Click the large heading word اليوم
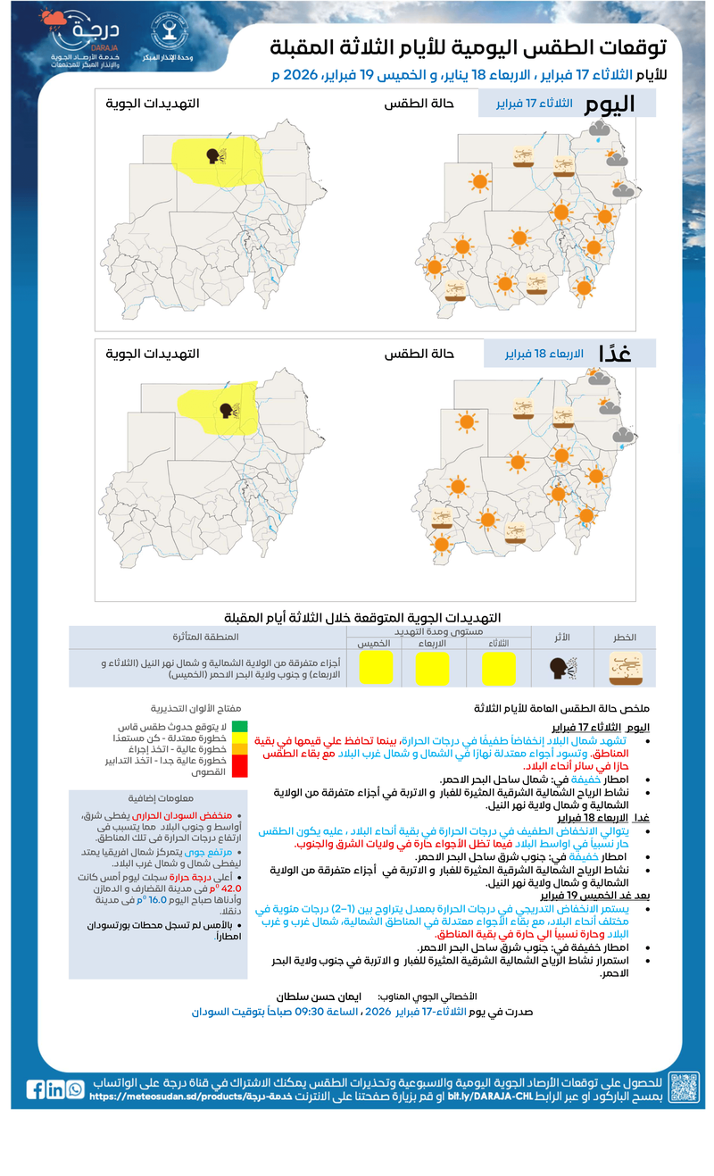pyautogui.click(x=610, y=104)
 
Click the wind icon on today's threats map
pyautogui.click(x=217, y=156)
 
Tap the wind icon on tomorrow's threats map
pyautogui.click(x=228, y=411)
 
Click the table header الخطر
pyautogui.click(x=623, y=638)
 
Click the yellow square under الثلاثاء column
pyautogui.click(x=498, y=668)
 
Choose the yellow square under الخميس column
pyautogui.click(x=376, y=668)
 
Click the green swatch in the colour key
pyautogui.click(x=240, y=726)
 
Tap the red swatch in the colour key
pyautogui.click(x=240, y=765)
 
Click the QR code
pyautogui.click(x=684, y=1088)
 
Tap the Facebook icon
pyautogui.click(x=36, y=1089)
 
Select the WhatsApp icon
pyautogui.click(x=75, y=1089)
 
